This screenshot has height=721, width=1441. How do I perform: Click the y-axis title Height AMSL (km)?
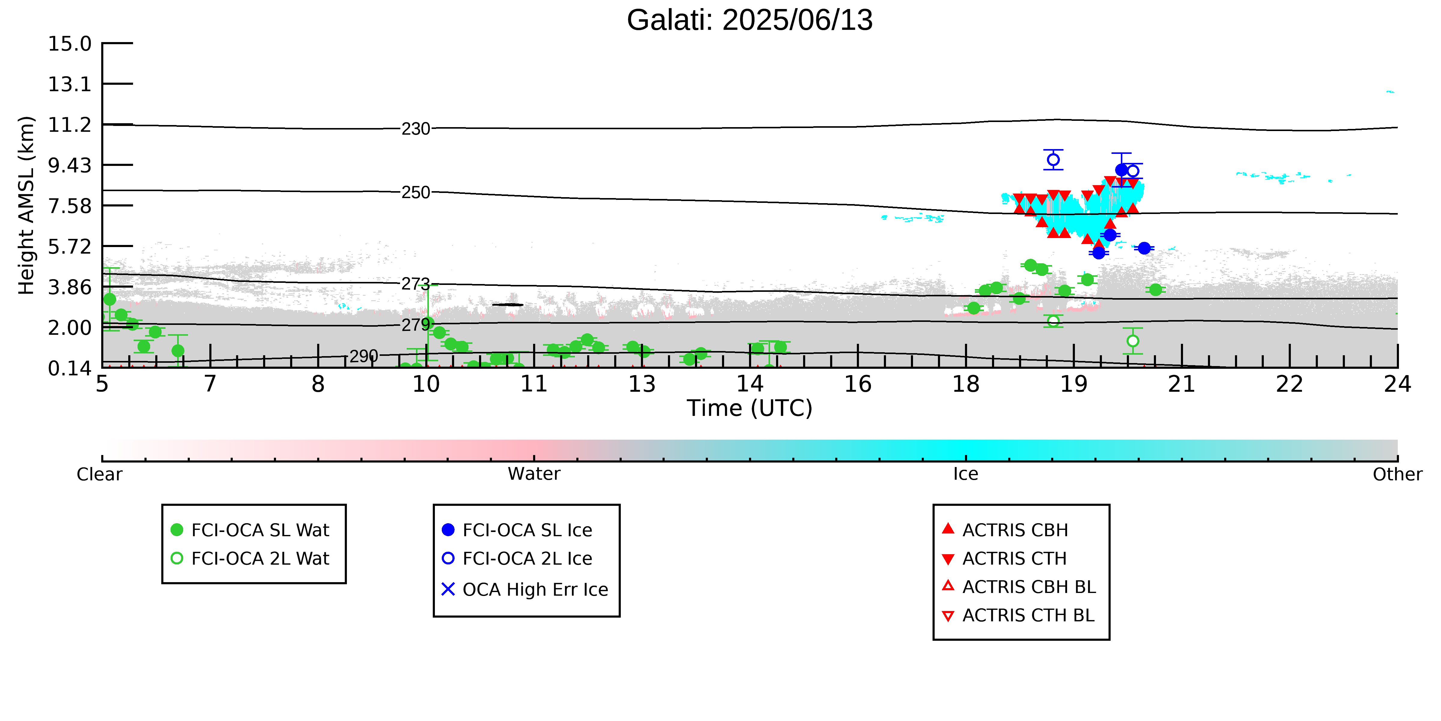(x=26, y=206)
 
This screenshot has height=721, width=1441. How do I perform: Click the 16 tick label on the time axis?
(x=857, y=384)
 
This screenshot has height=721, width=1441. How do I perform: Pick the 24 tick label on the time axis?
(x=1397, y=384)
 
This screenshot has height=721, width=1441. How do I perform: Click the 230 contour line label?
(x=416, y=129)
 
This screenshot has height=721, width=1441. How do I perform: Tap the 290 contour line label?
(x=364, y=356)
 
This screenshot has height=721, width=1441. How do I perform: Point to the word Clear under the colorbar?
(x=100, y=474)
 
